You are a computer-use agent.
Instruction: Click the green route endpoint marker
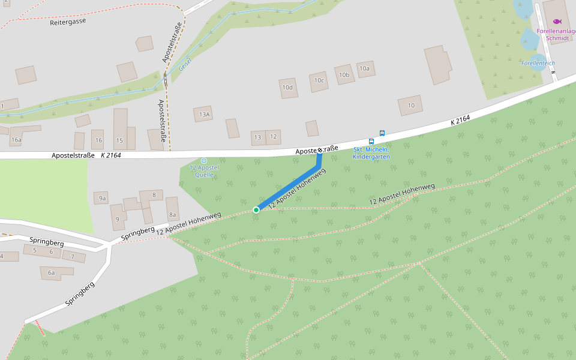tap(256, 209)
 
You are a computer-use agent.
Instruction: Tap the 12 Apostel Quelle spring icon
tap(204, 160)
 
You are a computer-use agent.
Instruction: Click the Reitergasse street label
tap(68, 20)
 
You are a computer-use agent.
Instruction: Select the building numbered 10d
tap(288, 88)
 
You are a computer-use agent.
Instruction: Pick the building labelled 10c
tap(319, 81)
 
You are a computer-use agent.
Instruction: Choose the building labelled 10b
tap(344, 74)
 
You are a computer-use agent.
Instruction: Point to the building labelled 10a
tap(365, 68)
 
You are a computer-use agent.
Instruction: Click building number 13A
tap(204, 114)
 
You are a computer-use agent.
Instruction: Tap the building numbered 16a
tap(16, 140)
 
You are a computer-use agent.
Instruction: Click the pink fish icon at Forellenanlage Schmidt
tap(557, 22)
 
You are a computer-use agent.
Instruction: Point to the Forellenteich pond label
tap(538, 63)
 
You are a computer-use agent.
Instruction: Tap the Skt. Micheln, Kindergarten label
tap(371, 153)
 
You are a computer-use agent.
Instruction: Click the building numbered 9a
tap(103, 197)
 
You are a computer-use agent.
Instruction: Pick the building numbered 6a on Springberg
tap(52, 273)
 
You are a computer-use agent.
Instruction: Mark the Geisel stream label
tap(185, 62)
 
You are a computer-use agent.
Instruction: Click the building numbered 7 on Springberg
tap(73, 256)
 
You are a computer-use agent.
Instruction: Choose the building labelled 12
tap(274, 137)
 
